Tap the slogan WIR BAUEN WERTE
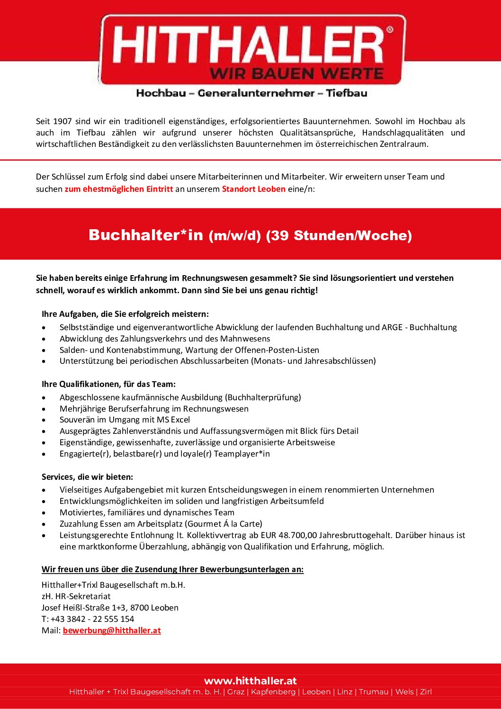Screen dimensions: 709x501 click(296, 74)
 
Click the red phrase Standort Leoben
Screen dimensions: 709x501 click(253, 189)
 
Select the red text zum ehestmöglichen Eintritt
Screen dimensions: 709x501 click(119, 189)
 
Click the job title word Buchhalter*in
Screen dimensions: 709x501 click(146, 235)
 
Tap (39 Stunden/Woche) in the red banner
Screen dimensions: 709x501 click(339, 235)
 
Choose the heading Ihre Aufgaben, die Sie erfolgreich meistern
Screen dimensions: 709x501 click(125, 314)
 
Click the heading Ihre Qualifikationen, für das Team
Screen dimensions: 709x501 click(108, 384)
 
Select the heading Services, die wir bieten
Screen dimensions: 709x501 click(87, 477)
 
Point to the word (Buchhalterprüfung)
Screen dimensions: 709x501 click(263, 397)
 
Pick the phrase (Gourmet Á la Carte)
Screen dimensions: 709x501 click(224, 524)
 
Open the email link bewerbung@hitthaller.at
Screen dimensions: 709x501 click(112, 630)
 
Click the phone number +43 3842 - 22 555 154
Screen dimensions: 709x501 click(92, 619)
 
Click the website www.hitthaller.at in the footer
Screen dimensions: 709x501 click(250, 681)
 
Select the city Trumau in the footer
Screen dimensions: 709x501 click(374, 692)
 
